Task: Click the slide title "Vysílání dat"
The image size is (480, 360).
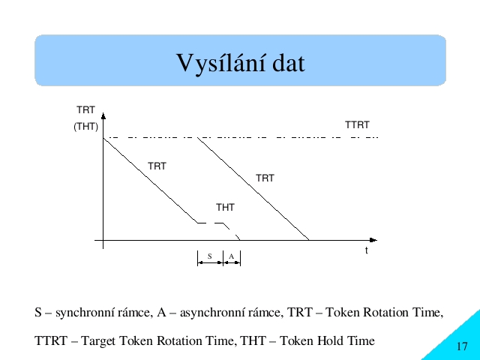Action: click(241, 63)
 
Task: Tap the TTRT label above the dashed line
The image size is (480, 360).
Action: click(357, 125)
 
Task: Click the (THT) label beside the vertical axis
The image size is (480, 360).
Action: click(85, 127)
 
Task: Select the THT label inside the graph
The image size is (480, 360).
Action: click(225, 208)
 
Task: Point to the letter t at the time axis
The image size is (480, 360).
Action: click(367, 250)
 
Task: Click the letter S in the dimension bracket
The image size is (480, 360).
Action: click(210, 256)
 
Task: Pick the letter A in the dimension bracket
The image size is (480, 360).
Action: click(232, 256)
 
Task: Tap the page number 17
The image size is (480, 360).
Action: click(462, 346)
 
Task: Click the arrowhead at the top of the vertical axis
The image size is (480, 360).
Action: click(103, 115)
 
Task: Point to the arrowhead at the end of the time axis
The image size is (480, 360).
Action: click(373, 240)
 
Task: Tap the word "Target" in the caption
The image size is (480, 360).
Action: click(98, 341)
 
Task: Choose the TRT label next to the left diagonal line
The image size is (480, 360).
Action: click(157, 166)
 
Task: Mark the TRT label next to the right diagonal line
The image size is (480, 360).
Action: click(265, 178)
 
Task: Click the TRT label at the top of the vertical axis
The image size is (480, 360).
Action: click(85, 110)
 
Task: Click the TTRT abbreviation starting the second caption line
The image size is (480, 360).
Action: click(51, 340)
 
